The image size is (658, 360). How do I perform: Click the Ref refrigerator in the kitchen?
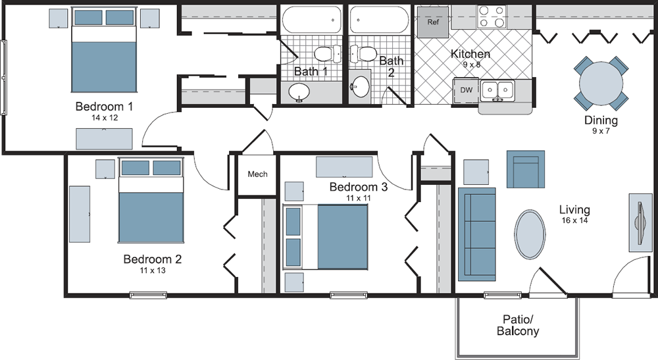pos(433,22)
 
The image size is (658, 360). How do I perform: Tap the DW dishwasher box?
pos(467,90)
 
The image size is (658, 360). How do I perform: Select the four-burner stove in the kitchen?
pos(492,17)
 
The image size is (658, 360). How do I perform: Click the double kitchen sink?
pos(498,91)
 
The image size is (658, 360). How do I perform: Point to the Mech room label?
pos(257,174)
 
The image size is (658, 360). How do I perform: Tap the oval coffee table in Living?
pos(530,234)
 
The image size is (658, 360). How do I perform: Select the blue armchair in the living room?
pos(526,169)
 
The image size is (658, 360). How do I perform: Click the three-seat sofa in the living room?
pos(476,234)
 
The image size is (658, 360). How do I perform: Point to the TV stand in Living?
pos(640,223)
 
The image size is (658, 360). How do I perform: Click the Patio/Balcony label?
pos(518,326)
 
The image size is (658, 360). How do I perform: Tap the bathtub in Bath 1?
pos(311,20)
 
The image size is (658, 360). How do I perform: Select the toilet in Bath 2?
pos(363,54)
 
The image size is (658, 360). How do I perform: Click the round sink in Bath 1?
pos(299,91)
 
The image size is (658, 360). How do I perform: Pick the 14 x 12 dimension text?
pos(105,118)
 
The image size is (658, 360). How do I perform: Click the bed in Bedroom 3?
pos(326,237)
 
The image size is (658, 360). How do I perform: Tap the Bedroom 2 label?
pos(153,259)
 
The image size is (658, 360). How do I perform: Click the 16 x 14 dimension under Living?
pos(575,220)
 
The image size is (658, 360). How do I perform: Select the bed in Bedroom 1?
pos(104,49)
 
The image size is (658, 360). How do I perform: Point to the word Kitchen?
pos(470,54)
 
